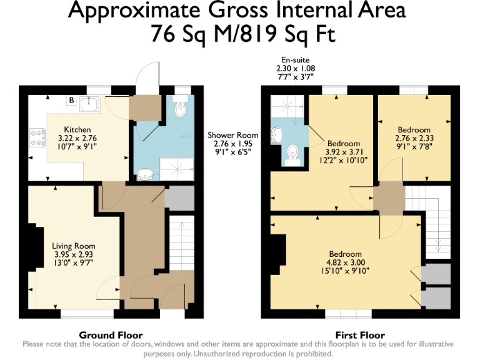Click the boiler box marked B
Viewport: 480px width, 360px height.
[x=71, y=101]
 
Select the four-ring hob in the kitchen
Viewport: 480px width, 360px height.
[x=36, y=137]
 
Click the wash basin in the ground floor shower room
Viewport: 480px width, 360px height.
[x=145, y=172]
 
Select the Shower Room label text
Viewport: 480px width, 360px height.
[x=232, y=135]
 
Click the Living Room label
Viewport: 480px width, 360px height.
[x=73, y=246]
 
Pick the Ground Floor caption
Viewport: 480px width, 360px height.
[x=111, y=335]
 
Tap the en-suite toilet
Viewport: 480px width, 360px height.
[x=291, y=152]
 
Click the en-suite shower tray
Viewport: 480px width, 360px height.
[x=289, y=107]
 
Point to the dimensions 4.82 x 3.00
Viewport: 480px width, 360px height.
[x=345, y=262]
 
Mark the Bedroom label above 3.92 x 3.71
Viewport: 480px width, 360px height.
[x=344, y=143]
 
